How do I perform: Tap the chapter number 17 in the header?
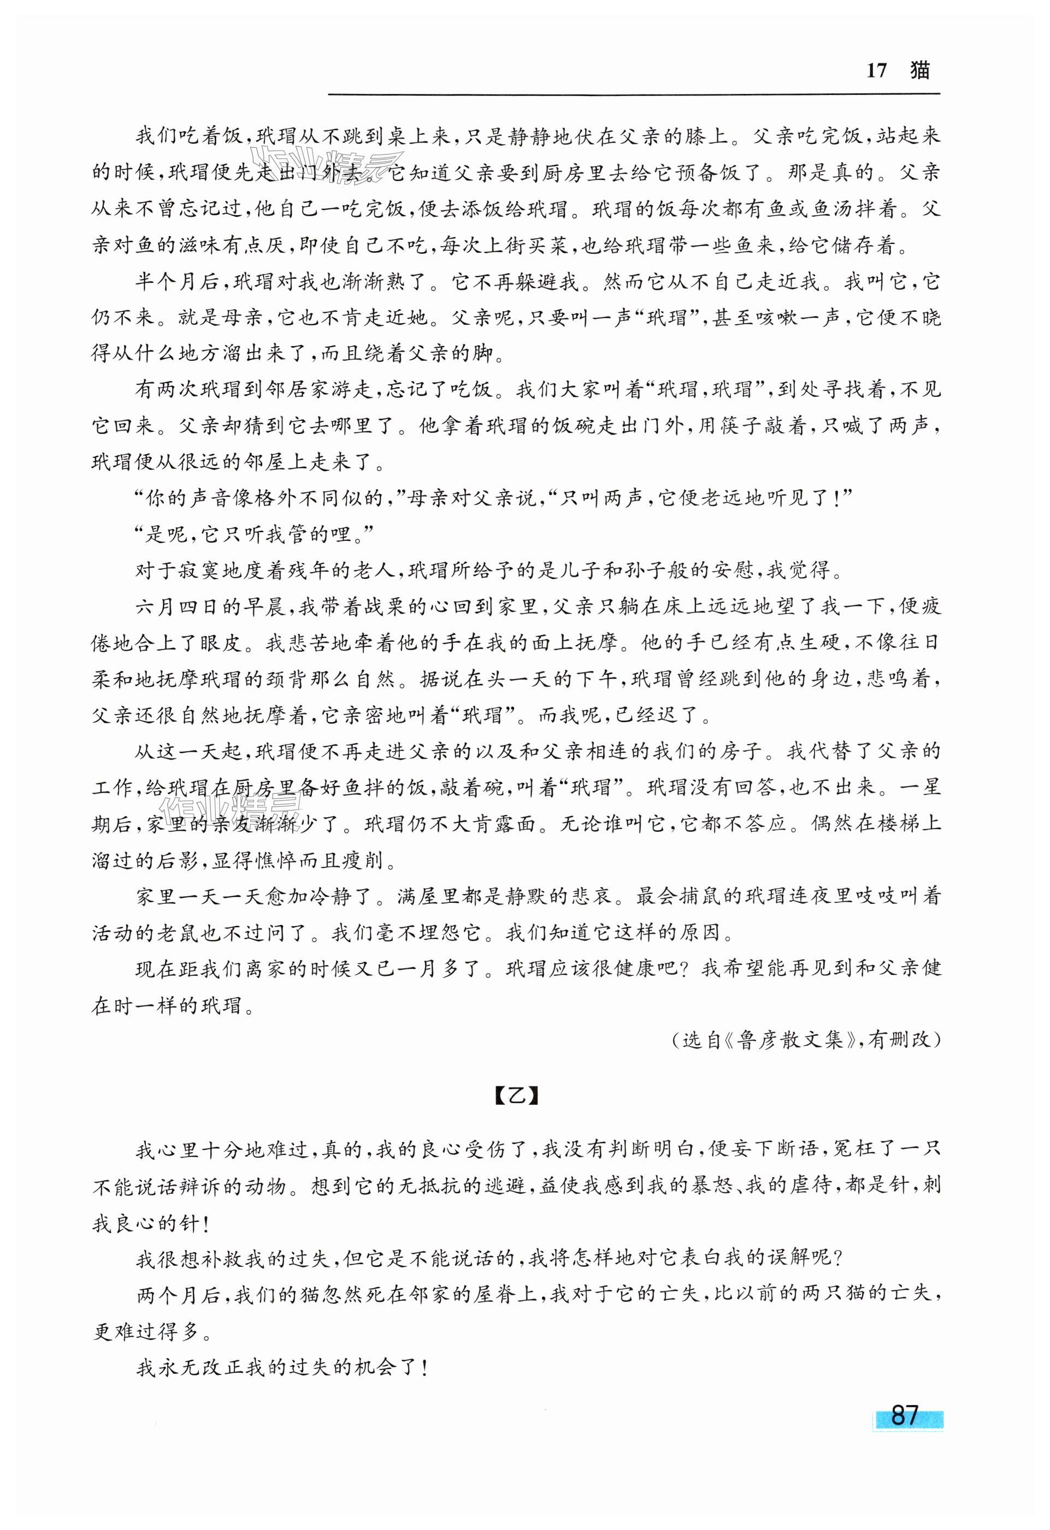(x=876, y=71)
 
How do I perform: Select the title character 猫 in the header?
(x=919, y=70)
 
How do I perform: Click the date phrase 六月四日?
(x=178, y=607)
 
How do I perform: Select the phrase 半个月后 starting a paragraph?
(x=178, y=282)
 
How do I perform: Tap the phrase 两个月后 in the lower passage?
(x=178, y=1294)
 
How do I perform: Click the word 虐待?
(x=792, y=1186)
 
